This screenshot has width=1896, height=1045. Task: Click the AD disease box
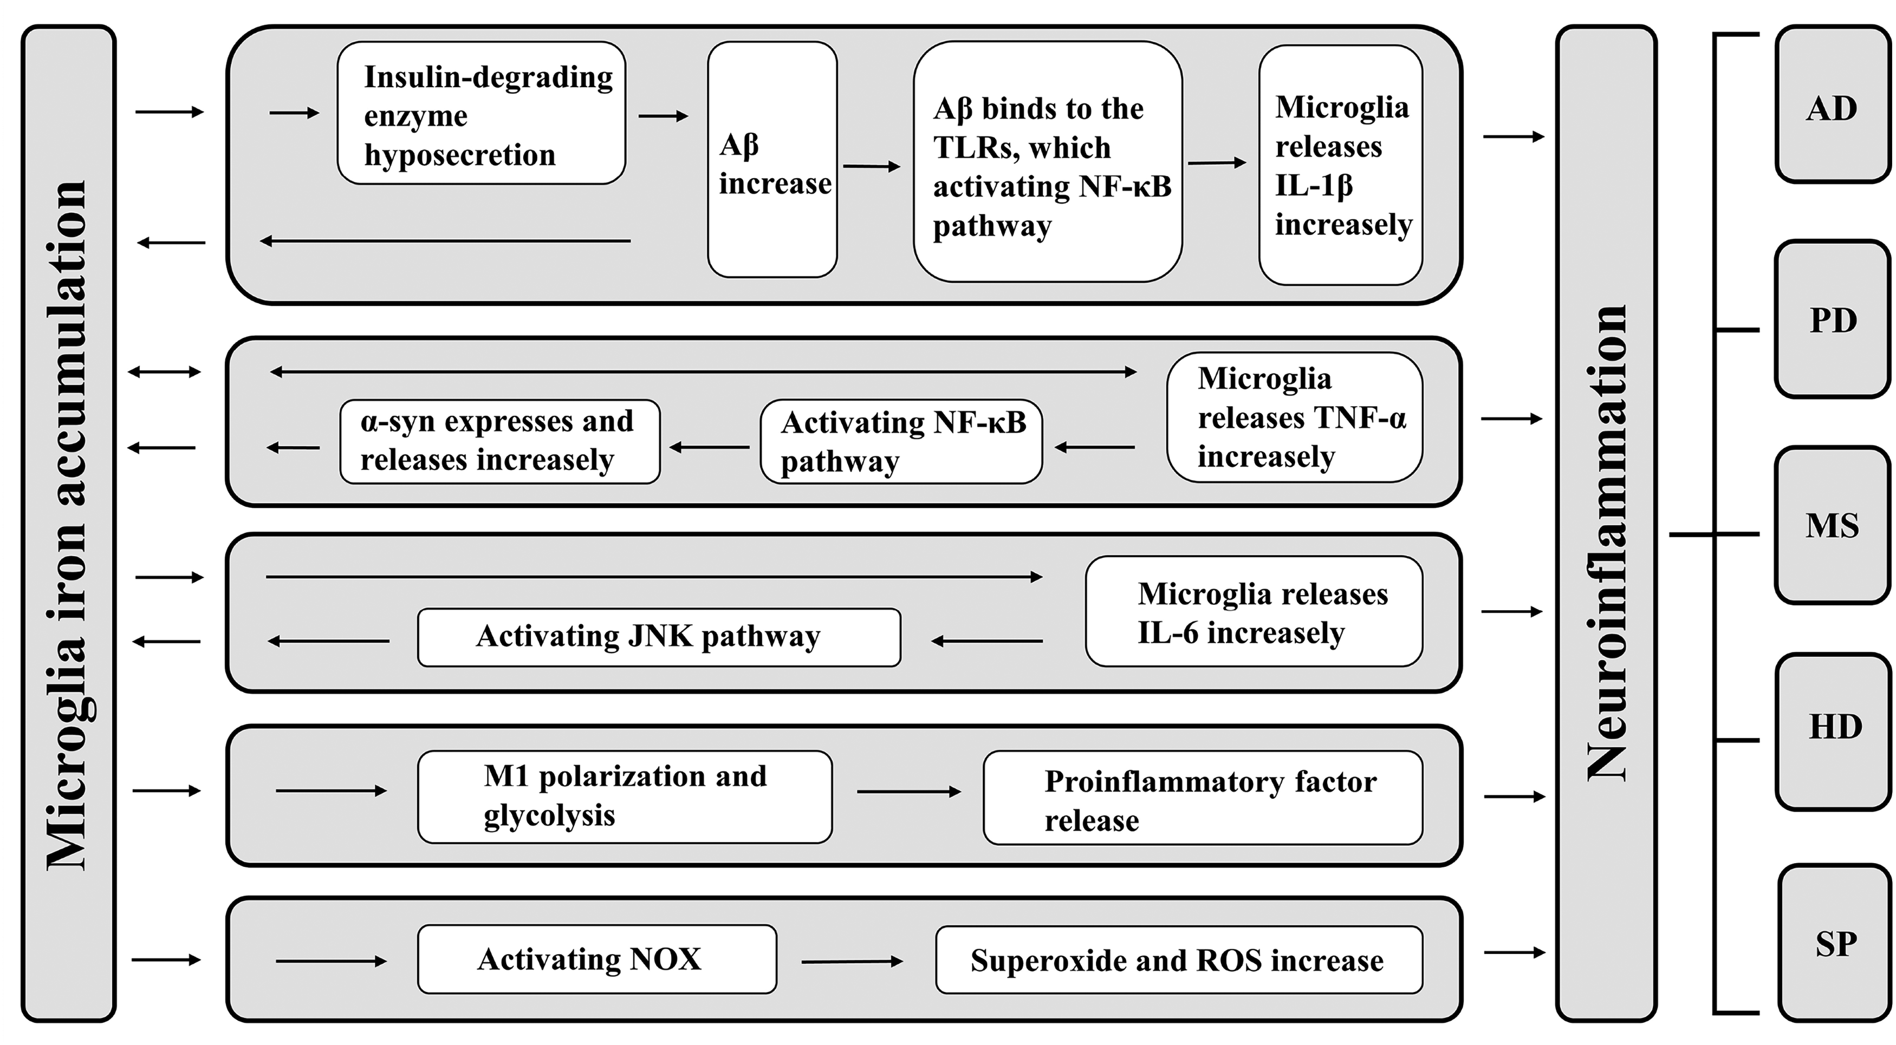(1833, 104)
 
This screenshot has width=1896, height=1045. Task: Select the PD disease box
(1833, 319)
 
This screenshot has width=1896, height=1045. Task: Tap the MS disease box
(1833, 525)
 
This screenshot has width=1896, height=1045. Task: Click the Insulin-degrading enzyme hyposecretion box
(482, 113)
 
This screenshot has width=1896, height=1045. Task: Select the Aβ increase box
(772, 160)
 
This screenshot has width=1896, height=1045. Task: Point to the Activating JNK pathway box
(659, 637)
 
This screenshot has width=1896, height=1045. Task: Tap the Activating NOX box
(597, 959)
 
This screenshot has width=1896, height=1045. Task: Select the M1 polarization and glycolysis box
(625, 797)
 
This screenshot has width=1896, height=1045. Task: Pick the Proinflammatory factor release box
(1203, 798)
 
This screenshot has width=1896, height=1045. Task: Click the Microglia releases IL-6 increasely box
(1254, 611)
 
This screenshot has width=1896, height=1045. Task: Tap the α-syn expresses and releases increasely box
(500, 441)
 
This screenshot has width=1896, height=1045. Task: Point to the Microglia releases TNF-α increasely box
(1295, 417)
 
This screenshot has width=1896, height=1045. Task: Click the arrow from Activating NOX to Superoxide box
(852, 961)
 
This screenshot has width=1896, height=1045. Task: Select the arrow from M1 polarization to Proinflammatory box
(909, 792)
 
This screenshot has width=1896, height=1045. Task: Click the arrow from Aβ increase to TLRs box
(872, 166)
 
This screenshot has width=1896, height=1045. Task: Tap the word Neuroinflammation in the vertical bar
(1606, 543)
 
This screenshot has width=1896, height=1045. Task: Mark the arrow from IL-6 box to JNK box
(987, 642)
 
